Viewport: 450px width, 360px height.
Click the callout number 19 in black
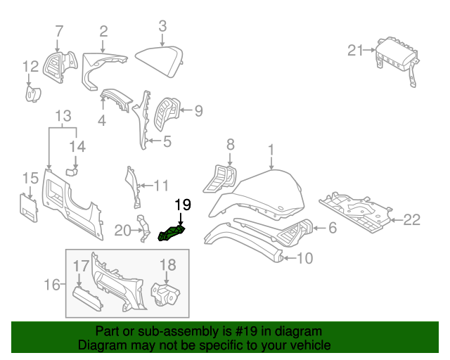(182, 205)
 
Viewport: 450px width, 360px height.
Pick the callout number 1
(271, 149)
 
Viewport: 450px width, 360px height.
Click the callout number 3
(162, 26)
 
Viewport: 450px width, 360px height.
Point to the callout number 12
(30, 67)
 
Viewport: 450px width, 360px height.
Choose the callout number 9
(198, 110)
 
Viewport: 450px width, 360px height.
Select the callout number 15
(30, 177)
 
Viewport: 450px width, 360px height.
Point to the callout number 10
(304, 259)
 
